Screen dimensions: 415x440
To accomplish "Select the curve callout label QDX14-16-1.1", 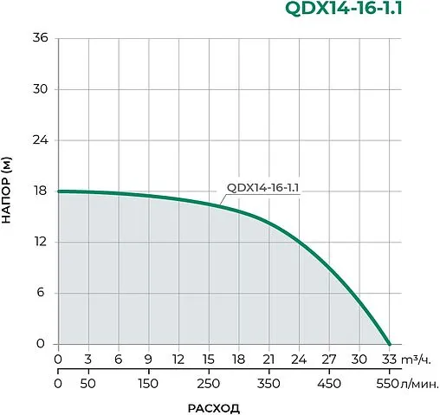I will [262, 187].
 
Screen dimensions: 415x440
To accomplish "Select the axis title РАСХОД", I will [213, 406].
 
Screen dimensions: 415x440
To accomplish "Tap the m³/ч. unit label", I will [417, 360].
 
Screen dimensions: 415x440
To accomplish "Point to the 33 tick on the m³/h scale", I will [389, 360].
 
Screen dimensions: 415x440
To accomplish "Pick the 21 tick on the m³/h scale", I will [269, 360].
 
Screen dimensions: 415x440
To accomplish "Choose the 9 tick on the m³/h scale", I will [148, 360].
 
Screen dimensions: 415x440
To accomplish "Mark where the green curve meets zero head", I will [389, 343].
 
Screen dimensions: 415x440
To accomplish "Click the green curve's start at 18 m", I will [59, 191].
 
